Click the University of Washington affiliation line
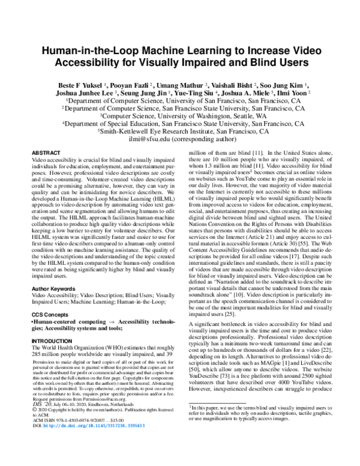(x=180, y=115)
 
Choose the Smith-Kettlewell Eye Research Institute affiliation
(x=180, y=130)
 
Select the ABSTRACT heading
(x=46, y=154)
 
